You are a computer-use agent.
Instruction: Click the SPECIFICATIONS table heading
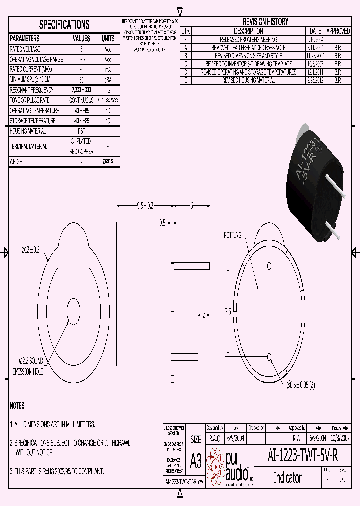pos(64,25)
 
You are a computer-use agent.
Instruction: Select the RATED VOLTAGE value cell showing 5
pos(81,49)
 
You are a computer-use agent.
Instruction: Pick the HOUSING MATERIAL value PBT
pos(81,131)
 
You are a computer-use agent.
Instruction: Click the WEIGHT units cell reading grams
pos(108,161)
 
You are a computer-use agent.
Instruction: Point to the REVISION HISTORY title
pos(265,22)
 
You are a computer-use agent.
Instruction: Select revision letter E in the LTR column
pos(186,80)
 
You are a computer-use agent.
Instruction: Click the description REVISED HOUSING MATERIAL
pos(248,80)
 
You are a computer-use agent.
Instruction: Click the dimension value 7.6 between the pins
pos(228,311)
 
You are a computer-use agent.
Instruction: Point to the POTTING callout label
pos(232,235)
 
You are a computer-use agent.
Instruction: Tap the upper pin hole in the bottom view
pos(269,265)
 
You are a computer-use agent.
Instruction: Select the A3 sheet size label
pos(196,461)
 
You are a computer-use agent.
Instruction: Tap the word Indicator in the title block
pos(287,477)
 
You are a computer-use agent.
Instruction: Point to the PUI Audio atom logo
pos(216,464)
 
